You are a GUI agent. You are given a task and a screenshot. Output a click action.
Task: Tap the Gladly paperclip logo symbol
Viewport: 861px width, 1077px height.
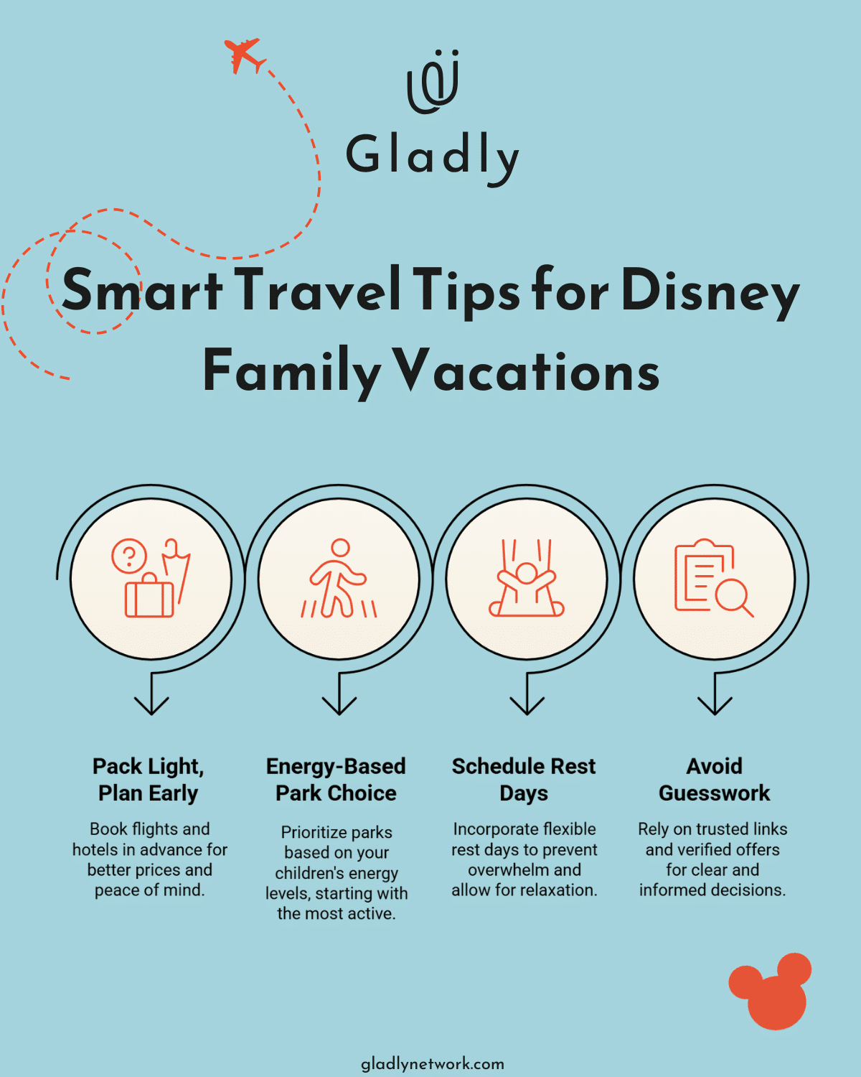click(433, 82)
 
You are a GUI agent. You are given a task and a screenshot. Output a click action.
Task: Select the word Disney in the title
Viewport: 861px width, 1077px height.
click(710, 292)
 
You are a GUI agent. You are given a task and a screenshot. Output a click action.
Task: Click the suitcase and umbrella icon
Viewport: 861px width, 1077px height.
click(151, 579)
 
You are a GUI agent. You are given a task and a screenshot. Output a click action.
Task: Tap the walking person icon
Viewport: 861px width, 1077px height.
click(339, 579)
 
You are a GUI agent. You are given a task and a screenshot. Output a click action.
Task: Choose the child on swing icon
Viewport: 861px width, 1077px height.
click(527, 579)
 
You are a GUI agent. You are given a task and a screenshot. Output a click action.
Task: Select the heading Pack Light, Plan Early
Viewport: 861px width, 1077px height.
click(149, 780)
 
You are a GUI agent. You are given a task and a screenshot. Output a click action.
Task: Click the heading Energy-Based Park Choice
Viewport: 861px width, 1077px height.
click(336, 780)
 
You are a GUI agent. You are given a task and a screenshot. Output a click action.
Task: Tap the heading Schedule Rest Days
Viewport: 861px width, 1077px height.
click(524, 780)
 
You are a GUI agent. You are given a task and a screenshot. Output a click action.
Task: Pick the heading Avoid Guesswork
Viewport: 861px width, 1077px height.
click(714, 780)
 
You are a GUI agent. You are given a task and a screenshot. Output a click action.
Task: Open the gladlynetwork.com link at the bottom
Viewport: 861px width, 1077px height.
click(432, 1063)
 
